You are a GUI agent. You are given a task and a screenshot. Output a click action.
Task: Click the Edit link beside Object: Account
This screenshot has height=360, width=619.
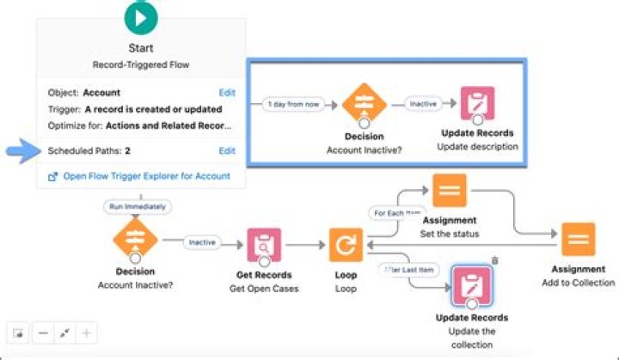(x=227, y=92)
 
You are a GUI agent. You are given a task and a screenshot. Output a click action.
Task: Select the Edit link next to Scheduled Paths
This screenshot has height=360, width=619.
(x=227, y=150)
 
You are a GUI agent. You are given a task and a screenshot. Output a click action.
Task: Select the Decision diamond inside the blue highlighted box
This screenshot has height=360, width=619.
(x=362, y=104)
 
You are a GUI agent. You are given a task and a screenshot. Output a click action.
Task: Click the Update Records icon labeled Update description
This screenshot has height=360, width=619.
(x=477, y=104)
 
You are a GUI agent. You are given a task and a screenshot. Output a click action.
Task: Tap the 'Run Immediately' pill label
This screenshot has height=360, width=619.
(x=138, y=206)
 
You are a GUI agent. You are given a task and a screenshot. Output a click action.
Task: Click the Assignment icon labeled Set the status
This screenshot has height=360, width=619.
(x=449, y=191)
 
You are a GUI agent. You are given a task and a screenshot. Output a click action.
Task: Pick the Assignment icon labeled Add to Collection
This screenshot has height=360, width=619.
(x=579, y=239)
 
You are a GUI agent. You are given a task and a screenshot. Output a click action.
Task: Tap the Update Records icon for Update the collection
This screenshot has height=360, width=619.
(x=471, y=286)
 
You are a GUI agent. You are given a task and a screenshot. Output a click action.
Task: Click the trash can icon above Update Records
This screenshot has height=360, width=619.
(x=494, y=260)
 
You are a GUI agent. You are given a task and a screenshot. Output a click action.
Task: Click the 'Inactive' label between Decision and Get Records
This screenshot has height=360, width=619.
(x=202, y=243)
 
